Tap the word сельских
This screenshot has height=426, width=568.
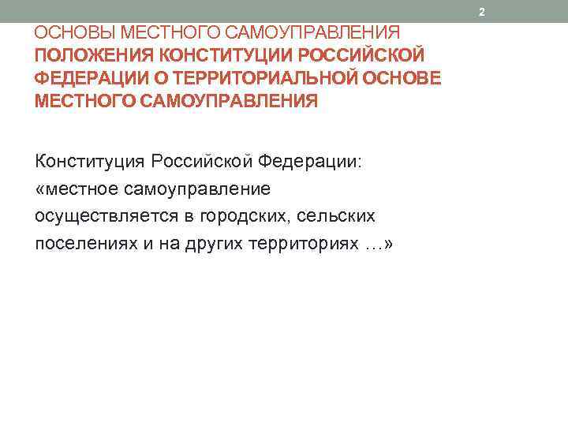pos(335,215)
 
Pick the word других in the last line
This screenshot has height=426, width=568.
pos(208,243)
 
